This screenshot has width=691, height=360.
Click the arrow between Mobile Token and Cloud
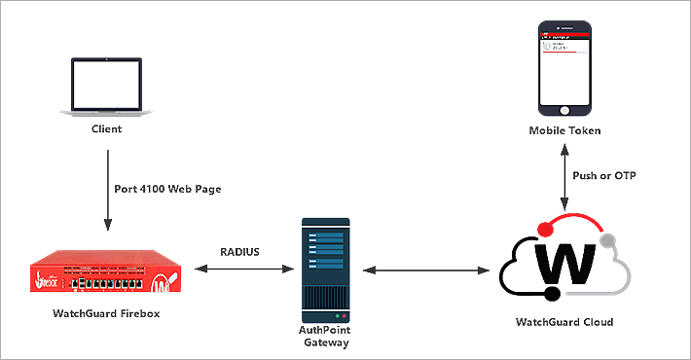tap(565, 177)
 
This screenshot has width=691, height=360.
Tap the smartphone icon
tap(565, 67)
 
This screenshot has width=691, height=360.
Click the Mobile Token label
tap(565, 130)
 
